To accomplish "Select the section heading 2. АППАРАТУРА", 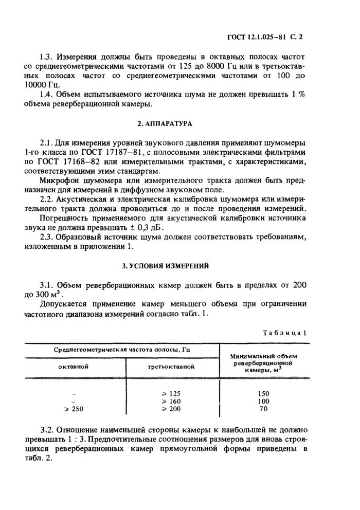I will (x=177, y=124).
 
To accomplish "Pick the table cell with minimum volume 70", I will (x=263, y=409).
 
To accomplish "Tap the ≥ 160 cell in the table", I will (x=171, y=401).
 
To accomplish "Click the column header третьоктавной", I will (x=171, y=367).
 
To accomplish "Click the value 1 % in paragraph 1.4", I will (x=299, y=94).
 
